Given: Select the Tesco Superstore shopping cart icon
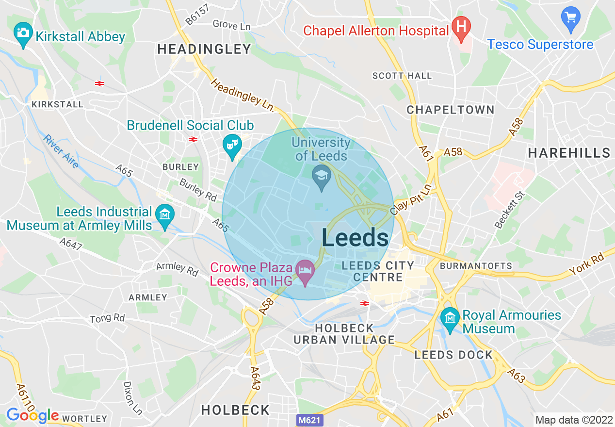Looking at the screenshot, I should click(x=570, y=17).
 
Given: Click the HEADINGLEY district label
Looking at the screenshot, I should click(x=204, y=49).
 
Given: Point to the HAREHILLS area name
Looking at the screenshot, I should click(x=568, y=153).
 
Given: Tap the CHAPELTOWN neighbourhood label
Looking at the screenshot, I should click(x=450, y=110).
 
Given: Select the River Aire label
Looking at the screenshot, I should click(x=61, y=151).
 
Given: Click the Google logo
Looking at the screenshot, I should click(x=32, y=416).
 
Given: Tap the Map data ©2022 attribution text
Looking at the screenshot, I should click(x=573, y=420).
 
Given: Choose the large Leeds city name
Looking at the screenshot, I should click(x=355, y=238).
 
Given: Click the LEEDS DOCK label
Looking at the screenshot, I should click(x=453, y=355).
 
